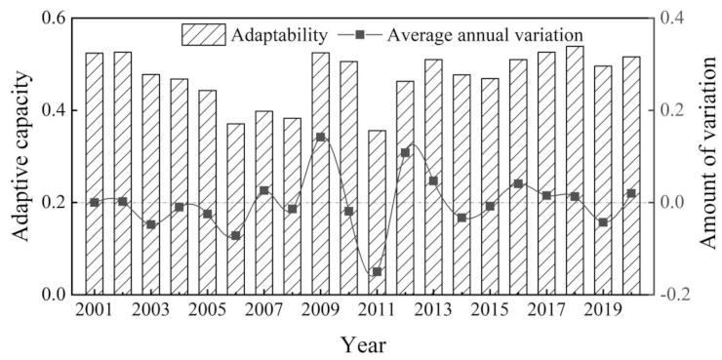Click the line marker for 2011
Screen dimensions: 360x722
377,271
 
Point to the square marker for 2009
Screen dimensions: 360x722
320,138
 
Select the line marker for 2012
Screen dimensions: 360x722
405,152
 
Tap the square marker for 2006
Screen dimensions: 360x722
235,236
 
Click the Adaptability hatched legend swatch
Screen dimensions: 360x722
203,35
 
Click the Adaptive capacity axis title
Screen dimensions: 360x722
20,156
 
